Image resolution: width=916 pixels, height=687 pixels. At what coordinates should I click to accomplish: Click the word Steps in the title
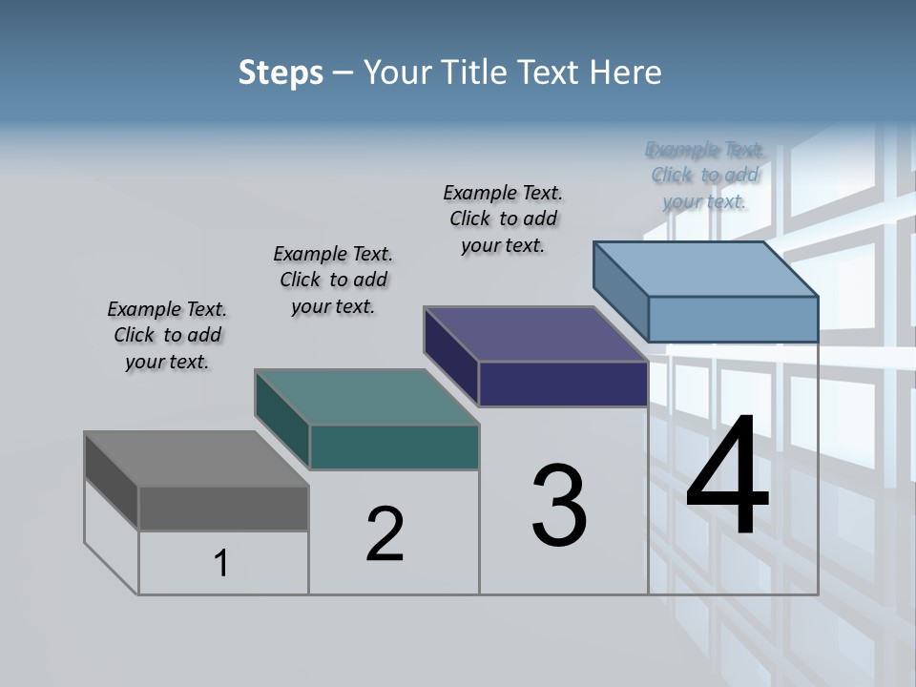point(281,73)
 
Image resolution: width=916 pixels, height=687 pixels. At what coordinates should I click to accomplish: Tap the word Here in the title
point(626,73)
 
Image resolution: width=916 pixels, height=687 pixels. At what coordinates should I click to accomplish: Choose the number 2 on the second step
point(385,533)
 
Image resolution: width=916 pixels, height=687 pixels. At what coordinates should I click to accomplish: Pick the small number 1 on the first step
point(221,564)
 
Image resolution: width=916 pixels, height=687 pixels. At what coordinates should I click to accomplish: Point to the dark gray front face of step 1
point(223,508)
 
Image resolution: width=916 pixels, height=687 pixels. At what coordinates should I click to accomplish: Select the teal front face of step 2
point(394,447)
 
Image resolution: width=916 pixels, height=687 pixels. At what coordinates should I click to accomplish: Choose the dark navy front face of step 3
point(563,384)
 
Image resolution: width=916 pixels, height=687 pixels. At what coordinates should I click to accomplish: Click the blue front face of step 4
point(733,319)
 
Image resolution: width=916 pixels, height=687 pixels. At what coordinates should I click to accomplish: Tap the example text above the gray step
point(167,335)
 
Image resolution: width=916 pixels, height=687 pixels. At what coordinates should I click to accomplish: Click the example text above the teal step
point(333,280)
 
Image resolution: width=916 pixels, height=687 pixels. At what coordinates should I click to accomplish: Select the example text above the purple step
point(503,219)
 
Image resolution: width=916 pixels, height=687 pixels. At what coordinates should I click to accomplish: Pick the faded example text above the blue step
point(704,175)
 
